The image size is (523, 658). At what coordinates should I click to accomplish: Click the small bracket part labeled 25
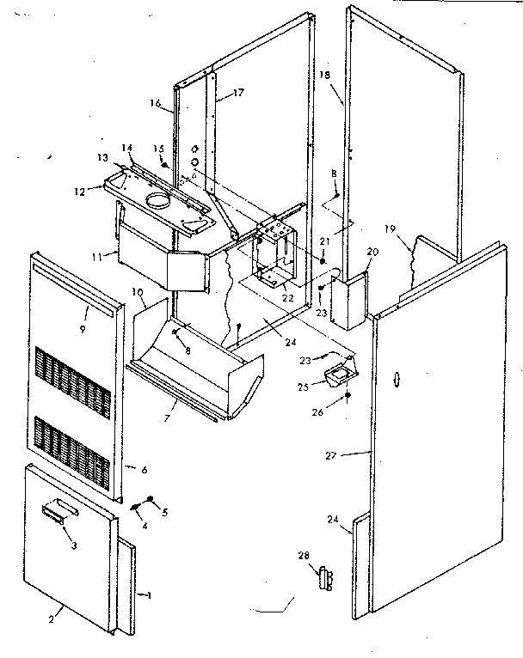click(341, 375)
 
